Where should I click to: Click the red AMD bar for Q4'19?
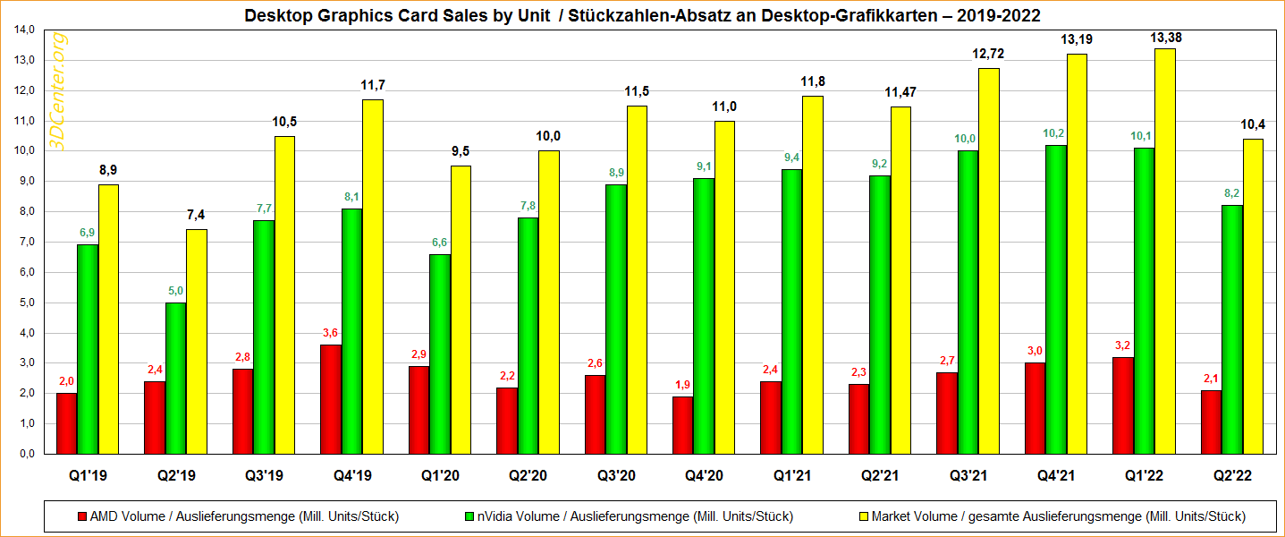pos(330,399)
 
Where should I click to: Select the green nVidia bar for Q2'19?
pos(175,378)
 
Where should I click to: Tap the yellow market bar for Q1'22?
pos(1164,251)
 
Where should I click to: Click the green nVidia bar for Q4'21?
pos(1055,299)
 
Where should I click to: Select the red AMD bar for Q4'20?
pos(682,425)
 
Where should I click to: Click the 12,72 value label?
pos(988,55)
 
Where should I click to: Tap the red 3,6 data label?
pos(330,334)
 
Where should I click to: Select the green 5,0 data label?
pos(175,291)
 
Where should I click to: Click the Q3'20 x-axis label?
pos(615,476)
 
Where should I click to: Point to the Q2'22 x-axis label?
pos(1231,476)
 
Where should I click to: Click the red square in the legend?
pos(83,516)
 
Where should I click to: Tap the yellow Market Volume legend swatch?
pos(863,516)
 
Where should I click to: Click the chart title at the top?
pos(642,15)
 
